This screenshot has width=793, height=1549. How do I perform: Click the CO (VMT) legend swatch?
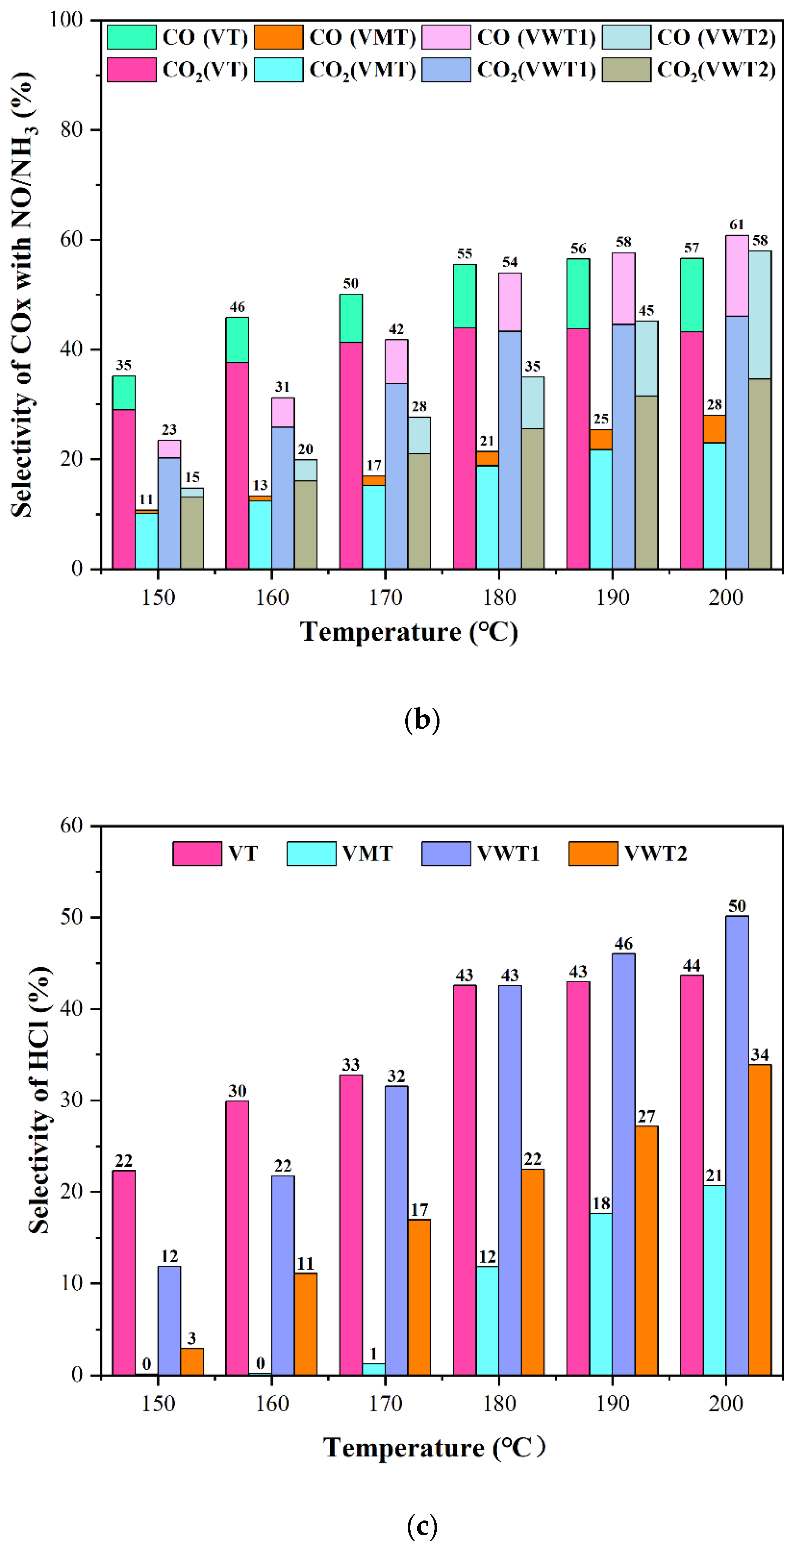tap(278, 37)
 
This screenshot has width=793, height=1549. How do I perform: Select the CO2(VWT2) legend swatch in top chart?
tap(626, 70)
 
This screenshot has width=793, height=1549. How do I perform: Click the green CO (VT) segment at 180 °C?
tap(465, 296)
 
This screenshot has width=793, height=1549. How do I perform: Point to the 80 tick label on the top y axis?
tap(71, 130)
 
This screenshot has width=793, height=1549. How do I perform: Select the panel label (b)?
tap(422, 720)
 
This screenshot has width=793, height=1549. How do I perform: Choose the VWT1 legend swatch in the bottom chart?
tap(446, 853)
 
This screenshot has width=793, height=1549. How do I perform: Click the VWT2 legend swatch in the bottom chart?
tap(593, 853)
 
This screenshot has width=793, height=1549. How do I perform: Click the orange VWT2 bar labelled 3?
tap(192, 1362)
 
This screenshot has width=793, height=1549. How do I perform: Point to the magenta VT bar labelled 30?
tap(237, 1239)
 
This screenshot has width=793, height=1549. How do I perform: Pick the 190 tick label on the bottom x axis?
tap(613, 1404)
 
